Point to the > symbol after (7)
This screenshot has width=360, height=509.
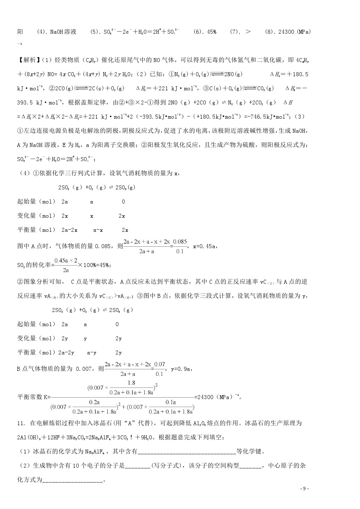pos(248,32)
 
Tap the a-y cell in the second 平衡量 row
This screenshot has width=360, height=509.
pos(92,353)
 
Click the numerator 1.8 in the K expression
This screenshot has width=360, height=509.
pos(131,383)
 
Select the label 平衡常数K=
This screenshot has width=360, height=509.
pos(34,397)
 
